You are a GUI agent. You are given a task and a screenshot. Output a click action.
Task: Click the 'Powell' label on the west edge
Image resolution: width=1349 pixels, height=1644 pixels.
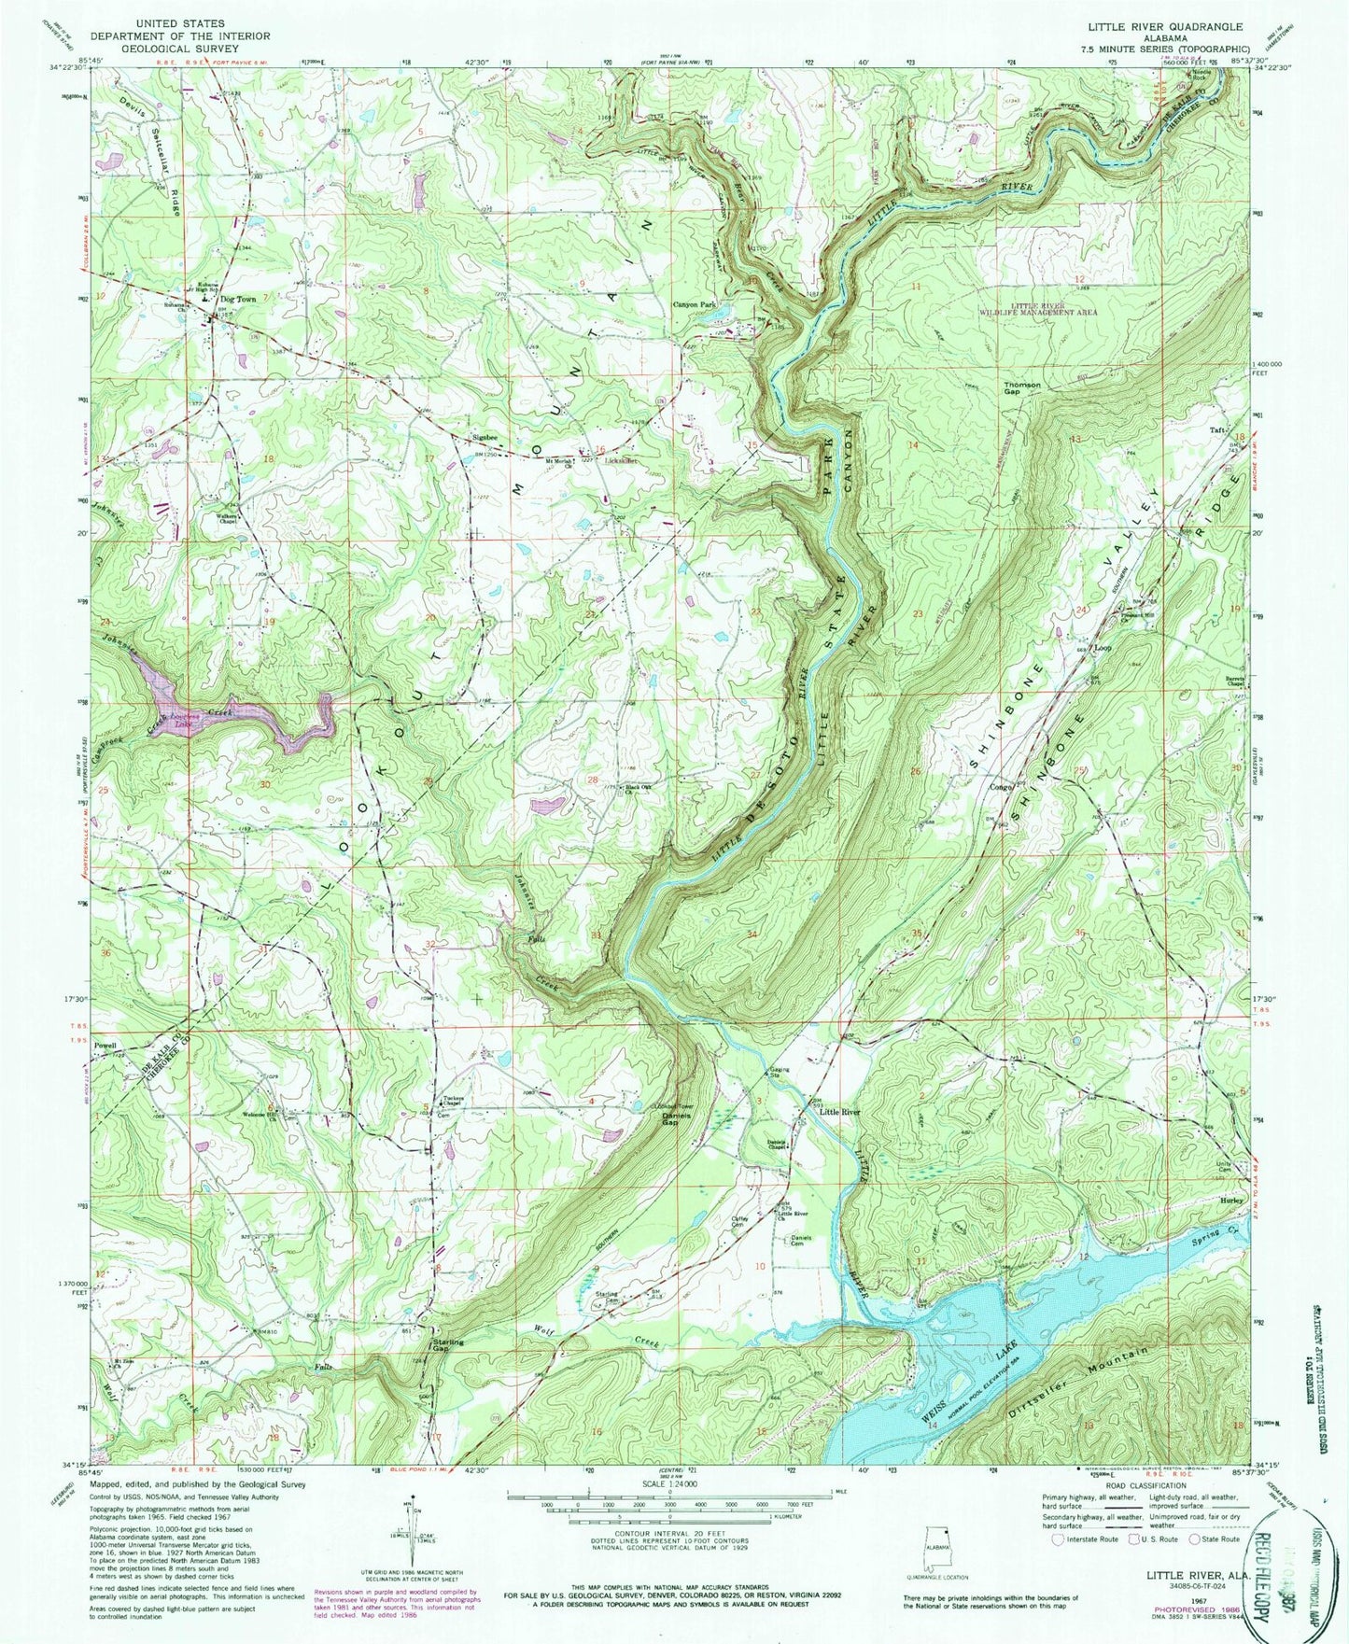click(105, 1046)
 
